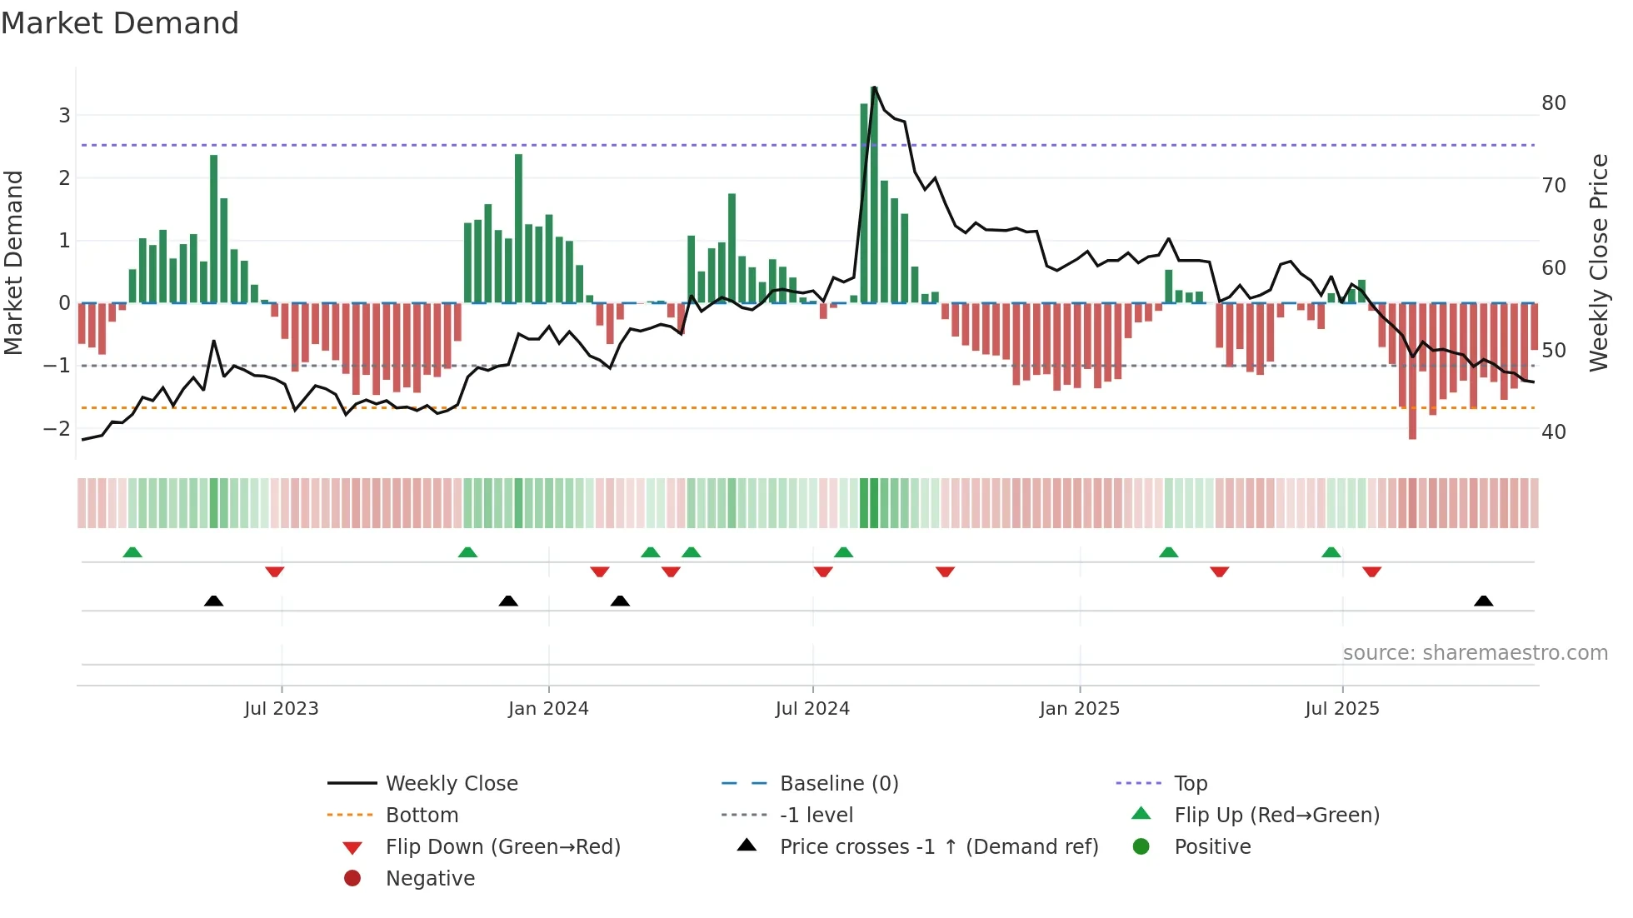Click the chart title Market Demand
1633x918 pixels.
[120, 23]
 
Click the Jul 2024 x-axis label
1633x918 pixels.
[812, 709]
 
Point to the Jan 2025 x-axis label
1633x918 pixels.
[1079, 709]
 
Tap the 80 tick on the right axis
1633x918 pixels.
[1553, 103]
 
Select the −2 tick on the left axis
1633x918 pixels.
[57, 429]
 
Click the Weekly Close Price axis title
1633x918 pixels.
[1598, 262]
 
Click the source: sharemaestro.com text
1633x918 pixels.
[1475, 653]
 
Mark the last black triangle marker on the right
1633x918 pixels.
[1483, 601]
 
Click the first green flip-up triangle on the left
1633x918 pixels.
[132, 552]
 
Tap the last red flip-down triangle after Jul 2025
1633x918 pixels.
[1372, 571]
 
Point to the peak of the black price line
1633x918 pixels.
[874, 87]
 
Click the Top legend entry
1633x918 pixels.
[1190, 784]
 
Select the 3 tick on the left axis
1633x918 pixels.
[64, 116]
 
